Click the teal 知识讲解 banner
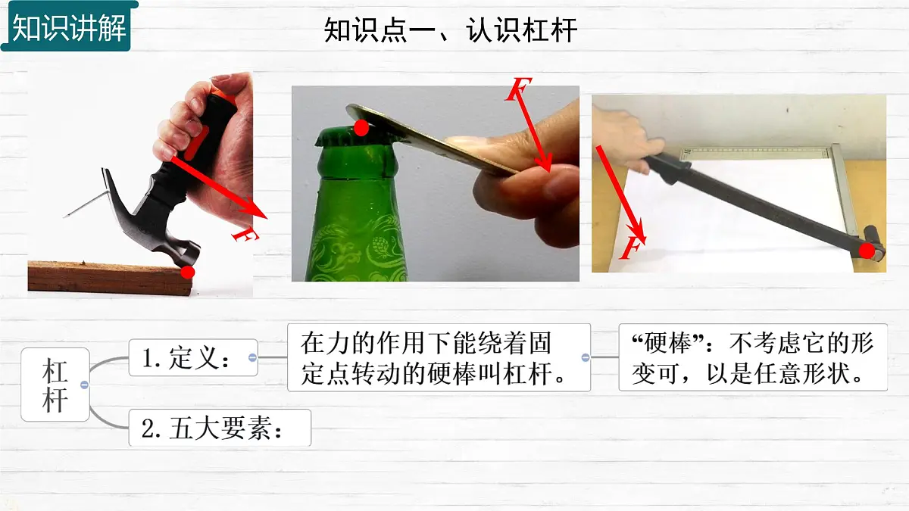[x=69, y=26]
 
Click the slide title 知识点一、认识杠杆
[x=451, y=30]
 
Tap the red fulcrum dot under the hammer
[x=188, y=272]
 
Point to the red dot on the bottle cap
[x=361, y=128]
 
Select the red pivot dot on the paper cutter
[x=867, y=251]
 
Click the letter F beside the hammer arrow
[x=245, y=234]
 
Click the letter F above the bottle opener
[x=519, y=89]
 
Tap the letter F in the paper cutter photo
[x=632, y=248]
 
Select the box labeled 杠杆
[x=55, y=385]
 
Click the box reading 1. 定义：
[x=193, y=357]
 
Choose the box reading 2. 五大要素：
[x=220, y=428]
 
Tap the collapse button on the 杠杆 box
[x=84, y=385]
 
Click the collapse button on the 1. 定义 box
[x=252, y=357]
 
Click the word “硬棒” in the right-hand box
[x=667, y=344]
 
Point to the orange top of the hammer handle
[x=223, y=97]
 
